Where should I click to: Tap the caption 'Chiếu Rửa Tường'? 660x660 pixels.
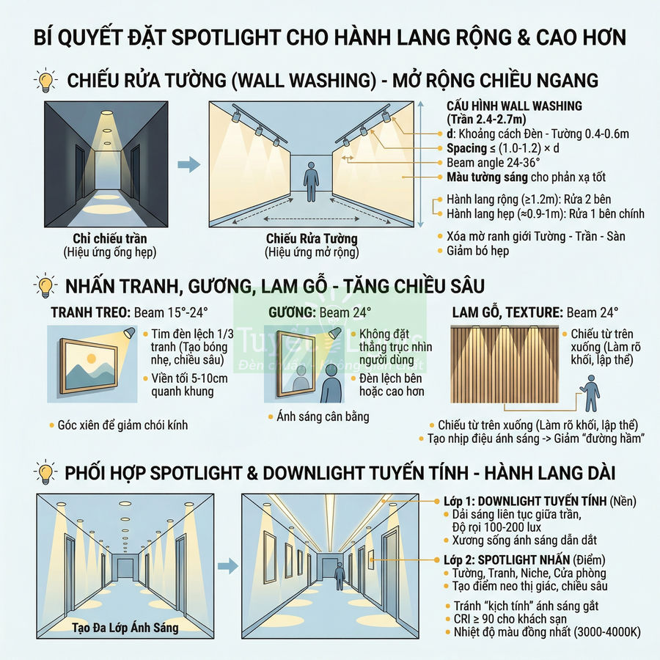(312, 239)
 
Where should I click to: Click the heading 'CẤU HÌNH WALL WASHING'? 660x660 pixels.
(514, 106)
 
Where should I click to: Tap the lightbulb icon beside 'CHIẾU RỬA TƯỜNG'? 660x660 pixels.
(46, 79)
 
